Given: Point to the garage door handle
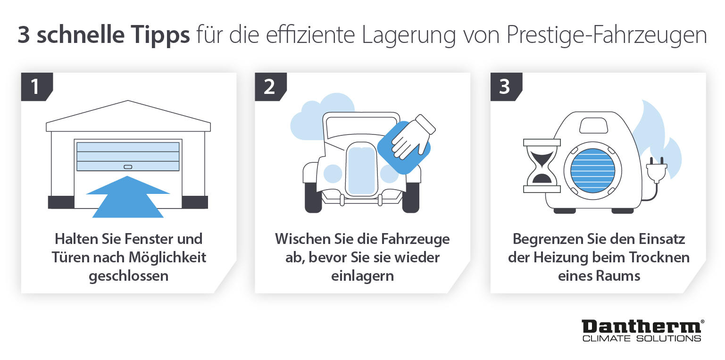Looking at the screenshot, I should pos(128,167).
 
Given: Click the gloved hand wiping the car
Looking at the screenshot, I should pos(411,137).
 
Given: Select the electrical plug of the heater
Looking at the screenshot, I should pos(657,169).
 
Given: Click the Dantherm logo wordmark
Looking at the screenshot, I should pos(642,327).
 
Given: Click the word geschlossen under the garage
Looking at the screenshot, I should pos(128,276).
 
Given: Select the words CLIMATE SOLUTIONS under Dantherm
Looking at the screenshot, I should pos(642,338).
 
